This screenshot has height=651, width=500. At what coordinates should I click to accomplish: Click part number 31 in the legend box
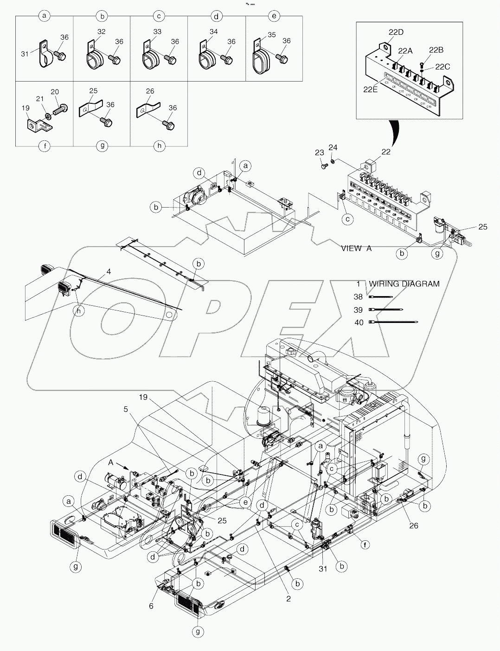[25, 54]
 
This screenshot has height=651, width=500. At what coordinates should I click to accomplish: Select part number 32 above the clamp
[102, 32]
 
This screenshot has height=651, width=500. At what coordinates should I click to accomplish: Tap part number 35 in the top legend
[271, 35]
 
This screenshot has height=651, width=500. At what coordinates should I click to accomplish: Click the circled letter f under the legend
[45, 146]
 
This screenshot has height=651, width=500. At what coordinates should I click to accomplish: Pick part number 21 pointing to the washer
[40, 99]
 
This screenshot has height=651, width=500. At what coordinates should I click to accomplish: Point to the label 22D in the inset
[396, 32]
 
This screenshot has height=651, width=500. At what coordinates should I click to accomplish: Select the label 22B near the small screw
[436, 50]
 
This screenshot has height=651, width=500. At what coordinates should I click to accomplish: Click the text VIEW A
[356, 248]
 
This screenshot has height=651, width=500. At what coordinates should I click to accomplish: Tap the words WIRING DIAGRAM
[404, 284]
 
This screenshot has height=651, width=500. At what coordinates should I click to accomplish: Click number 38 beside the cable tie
[359, 297]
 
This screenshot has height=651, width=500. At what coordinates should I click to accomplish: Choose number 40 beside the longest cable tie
[359, 322]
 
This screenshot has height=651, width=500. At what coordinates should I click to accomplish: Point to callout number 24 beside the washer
[333, 147]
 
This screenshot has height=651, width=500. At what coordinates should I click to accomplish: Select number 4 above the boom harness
[109, 271]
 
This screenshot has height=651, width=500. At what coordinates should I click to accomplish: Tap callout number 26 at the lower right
[413, 525]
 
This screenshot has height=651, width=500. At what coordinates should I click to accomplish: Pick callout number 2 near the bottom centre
[288, 599]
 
